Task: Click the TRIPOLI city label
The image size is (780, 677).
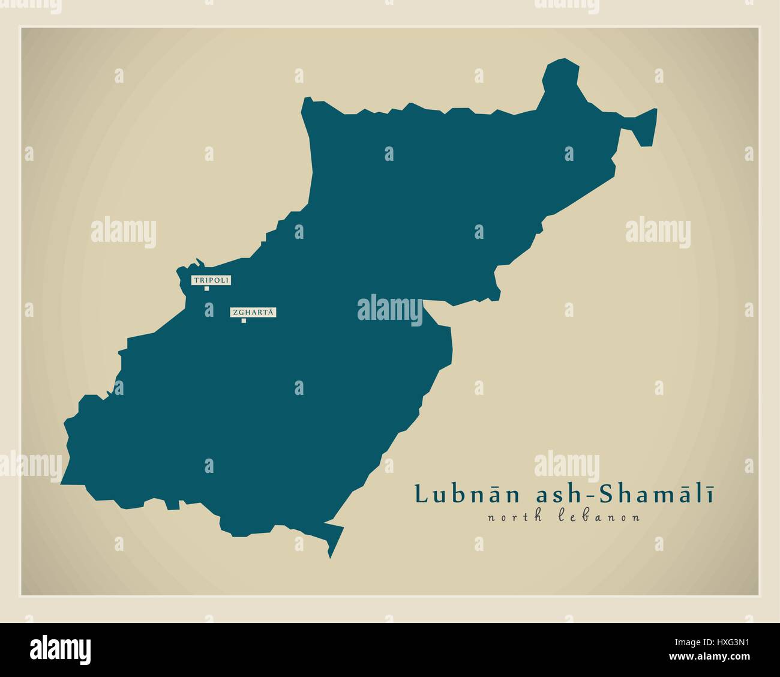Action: click(211, 280)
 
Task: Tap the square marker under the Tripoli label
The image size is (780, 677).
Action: click(206, 289)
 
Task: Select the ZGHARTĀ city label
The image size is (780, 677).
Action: click(253, 312)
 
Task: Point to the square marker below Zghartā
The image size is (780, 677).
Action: click(244, 320)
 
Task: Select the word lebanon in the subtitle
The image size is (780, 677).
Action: click(600, 517)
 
